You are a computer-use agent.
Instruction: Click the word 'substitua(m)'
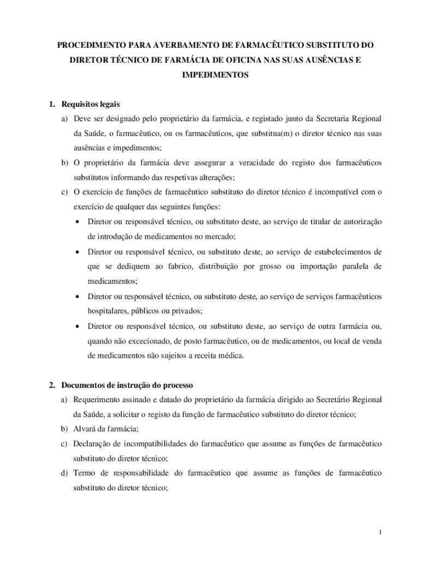pos(268,133)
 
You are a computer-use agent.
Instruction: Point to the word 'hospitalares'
pos(107,311)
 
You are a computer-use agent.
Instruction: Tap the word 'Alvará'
pos(85,429)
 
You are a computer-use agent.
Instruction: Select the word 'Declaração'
pos(92,443)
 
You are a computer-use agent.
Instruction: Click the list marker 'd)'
pos(64,473)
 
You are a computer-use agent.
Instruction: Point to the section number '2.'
pos(52,386)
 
